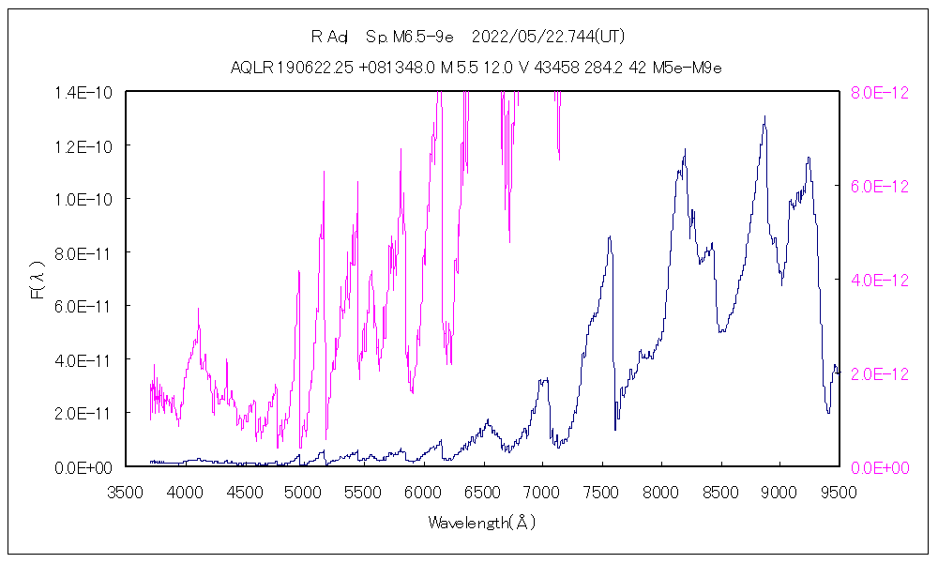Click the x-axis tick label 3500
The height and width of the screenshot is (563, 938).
click(x=126, y=492)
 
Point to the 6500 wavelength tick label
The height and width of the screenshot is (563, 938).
click(x=482, y=492)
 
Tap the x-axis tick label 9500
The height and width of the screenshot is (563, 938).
click(x=838, y=492)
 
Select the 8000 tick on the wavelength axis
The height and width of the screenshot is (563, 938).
click(x=659, y=492)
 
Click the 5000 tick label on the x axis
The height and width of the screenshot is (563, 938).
click(x=304, y=492)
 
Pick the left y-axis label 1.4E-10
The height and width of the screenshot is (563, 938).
click(x=85, y=92)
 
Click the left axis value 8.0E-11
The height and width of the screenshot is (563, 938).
click(x=85, y=252)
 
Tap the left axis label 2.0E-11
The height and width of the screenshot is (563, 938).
click(x=85, y=413)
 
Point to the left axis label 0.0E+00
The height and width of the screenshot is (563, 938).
click(x=85, y=466)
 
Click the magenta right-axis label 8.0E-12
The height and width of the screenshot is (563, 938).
click(x=879, y=93)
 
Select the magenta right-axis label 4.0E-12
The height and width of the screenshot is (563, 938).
click(x=879, y=280)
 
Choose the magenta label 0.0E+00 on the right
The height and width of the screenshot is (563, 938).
click(x=879, y=466)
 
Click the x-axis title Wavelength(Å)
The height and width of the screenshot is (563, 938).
click(x=482, y=523)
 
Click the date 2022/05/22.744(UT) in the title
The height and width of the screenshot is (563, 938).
click(x=549, y=38)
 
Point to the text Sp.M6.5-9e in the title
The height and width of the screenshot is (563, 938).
click(x=410, y=38)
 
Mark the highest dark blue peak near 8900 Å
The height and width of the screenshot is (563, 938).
click(x=764, y=117)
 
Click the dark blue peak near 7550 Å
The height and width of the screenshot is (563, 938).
click(x=610, y=236)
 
